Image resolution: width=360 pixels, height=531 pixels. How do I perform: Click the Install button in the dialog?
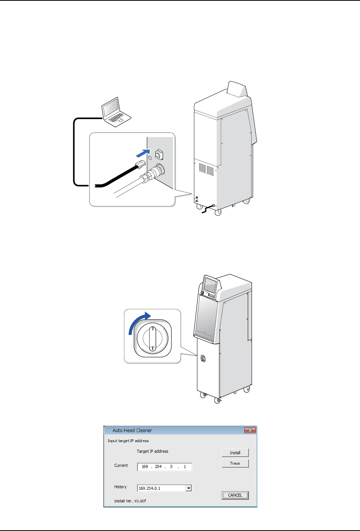pos(235,453)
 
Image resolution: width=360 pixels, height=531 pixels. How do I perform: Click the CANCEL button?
pos(235,495)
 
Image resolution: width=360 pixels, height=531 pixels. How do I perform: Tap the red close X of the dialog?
pos(250,430)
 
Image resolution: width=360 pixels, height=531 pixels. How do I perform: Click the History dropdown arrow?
pos(189,488)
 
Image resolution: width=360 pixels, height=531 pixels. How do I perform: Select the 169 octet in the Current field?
pos(145,466)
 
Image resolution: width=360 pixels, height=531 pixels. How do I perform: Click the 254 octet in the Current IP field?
pos(158,466)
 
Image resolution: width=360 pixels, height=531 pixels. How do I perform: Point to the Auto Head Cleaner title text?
pos(132,430)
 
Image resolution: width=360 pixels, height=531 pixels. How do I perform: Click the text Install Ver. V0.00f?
pos(130,501)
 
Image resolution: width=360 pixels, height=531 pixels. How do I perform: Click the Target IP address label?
pos(152,451)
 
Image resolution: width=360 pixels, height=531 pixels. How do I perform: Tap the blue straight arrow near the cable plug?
pos(142,153)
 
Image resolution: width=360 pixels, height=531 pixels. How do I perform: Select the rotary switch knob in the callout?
pos(152,338)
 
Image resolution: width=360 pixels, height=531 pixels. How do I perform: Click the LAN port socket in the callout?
pos(159,154)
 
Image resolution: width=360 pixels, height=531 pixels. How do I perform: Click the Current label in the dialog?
pos(121,465)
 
